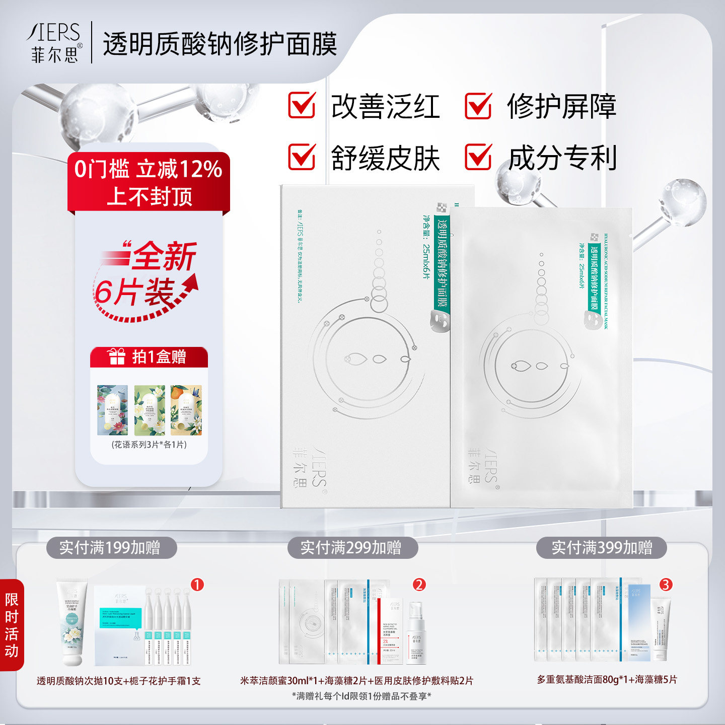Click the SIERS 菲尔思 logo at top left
pyautogui.click(x=54, y=42)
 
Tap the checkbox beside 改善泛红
pyautogui.click(x=302, y=105)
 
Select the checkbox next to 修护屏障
pyautogui.click(x=478, y=105)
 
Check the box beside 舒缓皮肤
pyautogui.click(x=302, y=157)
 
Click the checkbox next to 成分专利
pyautogui.click(x=478, y=157)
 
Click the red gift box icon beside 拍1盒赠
pyautogui.click(x=117, y=356)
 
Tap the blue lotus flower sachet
pyautogui.click(x=112, y=410)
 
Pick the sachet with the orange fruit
pyautogui.click(x=186, y=410)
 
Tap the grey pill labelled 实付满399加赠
pyautogui.click(x=602, y=547)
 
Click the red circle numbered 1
pyautogui.click(x=197, y=585)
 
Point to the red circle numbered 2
pyautogui.click(x=419, y=585)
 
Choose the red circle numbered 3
pyautogui.click(x=666, y=585)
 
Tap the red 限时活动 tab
pyautogui.click(x=12, y=624)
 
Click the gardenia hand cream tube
pyautogui.click(x=71, y=622)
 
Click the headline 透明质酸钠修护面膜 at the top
pyautogui.click(x=220, y=44)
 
